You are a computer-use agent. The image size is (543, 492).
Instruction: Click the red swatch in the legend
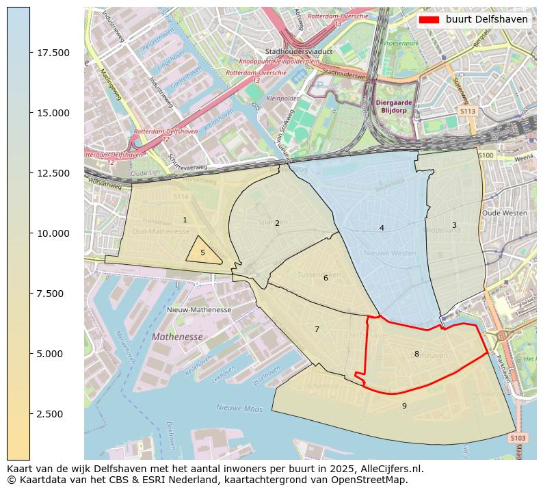pyautogui.click(x=429, y=20)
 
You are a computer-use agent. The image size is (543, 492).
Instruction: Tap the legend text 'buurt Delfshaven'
pyautogui.click(x=486, y=20)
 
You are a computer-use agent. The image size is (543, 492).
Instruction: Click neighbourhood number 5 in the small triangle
pyautogui.click(x=202, y=253)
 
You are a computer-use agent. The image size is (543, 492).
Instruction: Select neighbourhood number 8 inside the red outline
pyautogui.click(x=416, y=354)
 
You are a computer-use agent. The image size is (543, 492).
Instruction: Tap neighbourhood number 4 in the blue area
pyautogui.click(x=382, y=228)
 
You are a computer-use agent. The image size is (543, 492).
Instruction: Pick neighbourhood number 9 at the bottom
pyautogui.click(x=404, y=406)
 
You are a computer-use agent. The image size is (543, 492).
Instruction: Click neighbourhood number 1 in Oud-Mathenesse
pyautogui.click(x=185, y=220)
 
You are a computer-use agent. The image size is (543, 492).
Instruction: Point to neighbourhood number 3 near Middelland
pyautogui.click(x=453, y=225)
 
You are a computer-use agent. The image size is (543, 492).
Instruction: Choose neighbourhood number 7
pyautogui.click(x=317, y=329)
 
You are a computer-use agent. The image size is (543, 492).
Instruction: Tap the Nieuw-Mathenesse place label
pyautogui.click(x=199, y=310)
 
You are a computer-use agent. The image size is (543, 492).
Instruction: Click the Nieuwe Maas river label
pyautogui.click(x=239, y=409)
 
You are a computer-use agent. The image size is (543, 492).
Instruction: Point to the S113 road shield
pyautogui.click(x=468, y=110)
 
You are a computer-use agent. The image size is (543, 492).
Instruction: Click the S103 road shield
pyautogui.click(x=518, y=438)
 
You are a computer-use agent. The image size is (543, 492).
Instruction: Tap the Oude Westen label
pyautogui.click(x=505, y=213)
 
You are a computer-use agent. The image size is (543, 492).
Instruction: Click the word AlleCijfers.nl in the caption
pyautogui.click(x=391, y=469)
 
